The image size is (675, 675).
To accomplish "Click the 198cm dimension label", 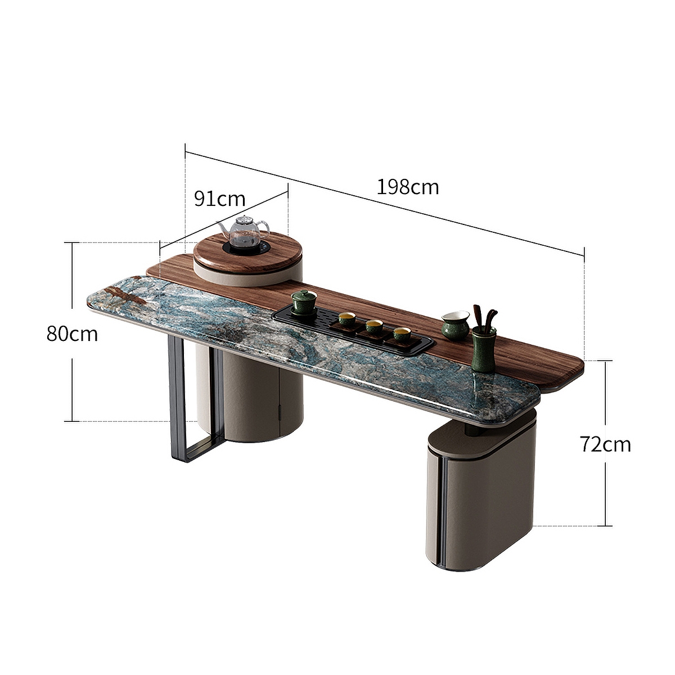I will point(408,187).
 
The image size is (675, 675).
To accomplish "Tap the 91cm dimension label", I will point(219,199).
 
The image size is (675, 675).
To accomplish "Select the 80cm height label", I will point(72,334).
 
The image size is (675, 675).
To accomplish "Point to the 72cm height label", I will point(605,444).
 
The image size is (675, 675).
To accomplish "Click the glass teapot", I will point(244,233).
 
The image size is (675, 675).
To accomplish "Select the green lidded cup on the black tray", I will point(304,303).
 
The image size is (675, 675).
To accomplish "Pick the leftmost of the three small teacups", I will point(346,319).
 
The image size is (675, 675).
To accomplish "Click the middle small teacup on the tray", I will point(374,326).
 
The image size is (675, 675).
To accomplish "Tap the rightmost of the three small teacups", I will point(402,335).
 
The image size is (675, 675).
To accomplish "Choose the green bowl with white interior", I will point(454,325).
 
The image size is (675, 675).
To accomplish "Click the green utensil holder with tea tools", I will point(483,350).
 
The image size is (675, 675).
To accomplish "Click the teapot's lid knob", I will point(244,218).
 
